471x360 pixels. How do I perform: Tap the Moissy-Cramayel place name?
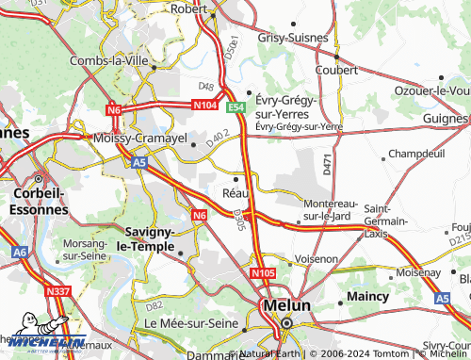tap(139, 138)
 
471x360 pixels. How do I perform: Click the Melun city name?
tap(283, 306)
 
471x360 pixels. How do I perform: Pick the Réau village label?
tap(235, 193)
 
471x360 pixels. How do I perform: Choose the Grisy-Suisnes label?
tap(293, 39)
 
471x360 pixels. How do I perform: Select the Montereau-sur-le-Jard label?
tap(327, 209)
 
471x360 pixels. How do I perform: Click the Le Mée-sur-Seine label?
tap(188, 323)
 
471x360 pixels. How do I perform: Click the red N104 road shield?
tap(206, 105)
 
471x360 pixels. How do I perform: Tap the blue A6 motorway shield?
tap(20, 253)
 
